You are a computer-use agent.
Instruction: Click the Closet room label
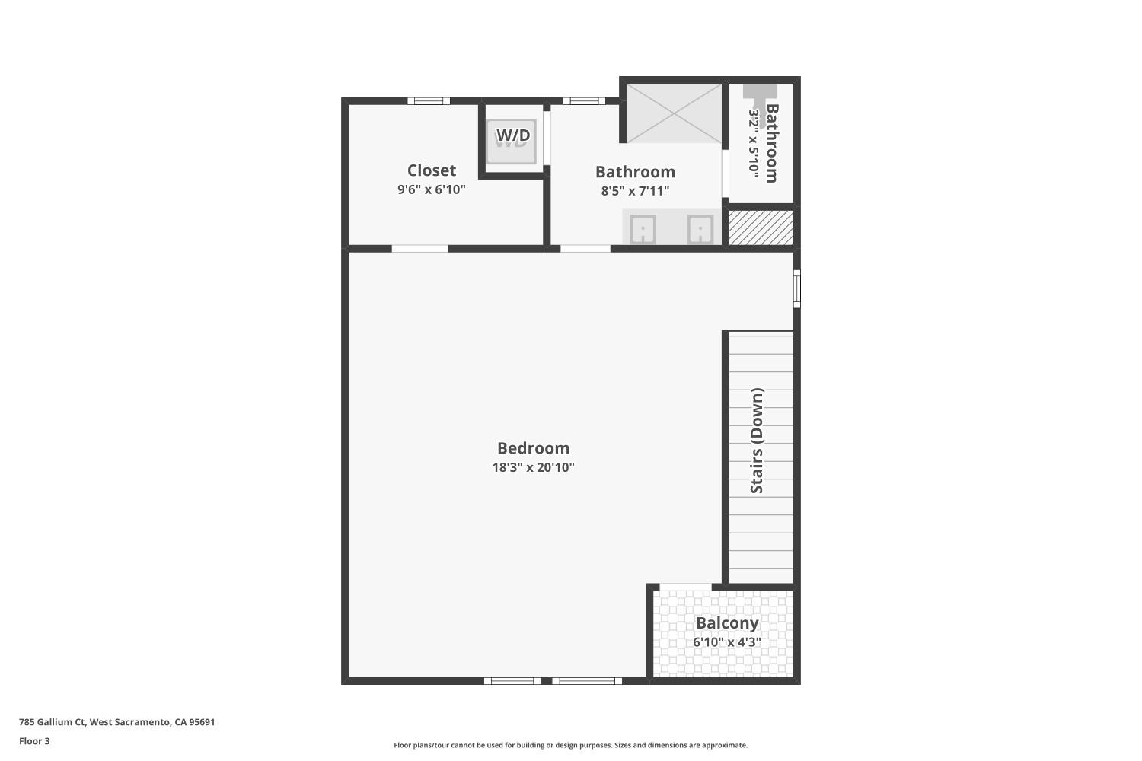tap(431, 170)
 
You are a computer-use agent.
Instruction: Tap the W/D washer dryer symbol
tap(512, 140)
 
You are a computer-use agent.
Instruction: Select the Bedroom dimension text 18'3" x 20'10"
tap(533, 467)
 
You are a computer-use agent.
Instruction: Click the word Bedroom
tap(533, 448)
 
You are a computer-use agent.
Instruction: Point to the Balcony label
tap(727, 623)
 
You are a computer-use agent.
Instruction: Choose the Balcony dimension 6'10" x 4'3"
tap(726, 642)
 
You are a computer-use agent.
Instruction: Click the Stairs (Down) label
tap(757, 441)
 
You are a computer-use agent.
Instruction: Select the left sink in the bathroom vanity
tap(643, 229)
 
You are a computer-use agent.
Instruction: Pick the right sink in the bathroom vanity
tap(700, 229)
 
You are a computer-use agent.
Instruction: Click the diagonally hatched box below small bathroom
tap(761, 228)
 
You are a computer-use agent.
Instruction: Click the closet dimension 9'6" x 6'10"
tap(431, 189)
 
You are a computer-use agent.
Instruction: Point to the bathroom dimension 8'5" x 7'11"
tap(635, 191)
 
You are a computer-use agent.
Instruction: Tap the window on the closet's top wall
tap(429, 101)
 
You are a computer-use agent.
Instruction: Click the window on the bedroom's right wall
tap(796, 288)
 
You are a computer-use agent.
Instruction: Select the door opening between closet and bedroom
tap(419, 248)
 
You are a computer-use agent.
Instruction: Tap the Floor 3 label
tap(34, 741)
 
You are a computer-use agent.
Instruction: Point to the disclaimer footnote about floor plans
tap(570, 746)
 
